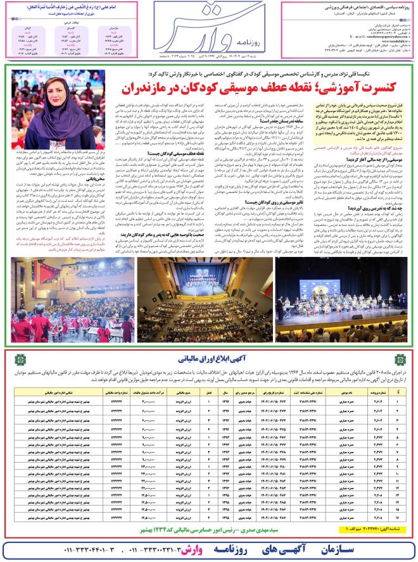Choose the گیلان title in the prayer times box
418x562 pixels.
pos(32,30)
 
